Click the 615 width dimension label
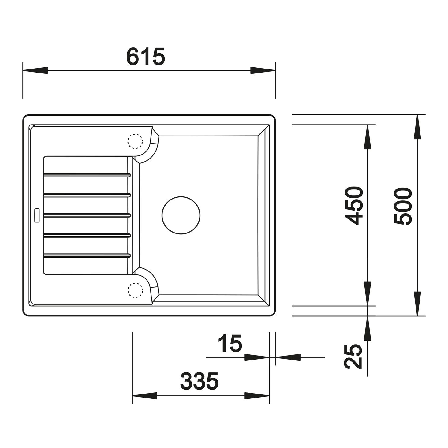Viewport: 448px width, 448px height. tap(146, 57)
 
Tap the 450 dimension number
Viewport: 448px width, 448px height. tap(354, 206)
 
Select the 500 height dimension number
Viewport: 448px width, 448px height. tap(403, 206)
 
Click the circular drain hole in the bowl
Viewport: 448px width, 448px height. tap(181, 215)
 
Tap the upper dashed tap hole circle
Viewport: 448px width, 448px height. tap(135, 141)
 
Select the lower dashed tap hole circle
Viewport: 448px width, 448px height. tap(135, 290)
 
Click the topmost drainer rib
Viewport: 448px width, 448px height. tap(87, 175)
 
